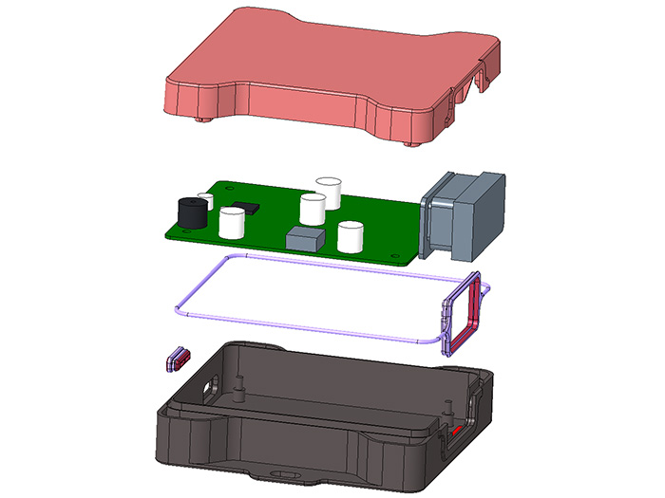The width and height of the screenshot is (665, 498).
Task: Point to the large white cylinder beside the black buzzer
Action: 232,222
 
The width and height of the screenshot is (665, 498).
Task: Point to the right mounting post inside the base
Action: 446,412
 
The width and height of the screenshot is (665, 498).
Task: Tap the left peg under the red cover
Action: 203,120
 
